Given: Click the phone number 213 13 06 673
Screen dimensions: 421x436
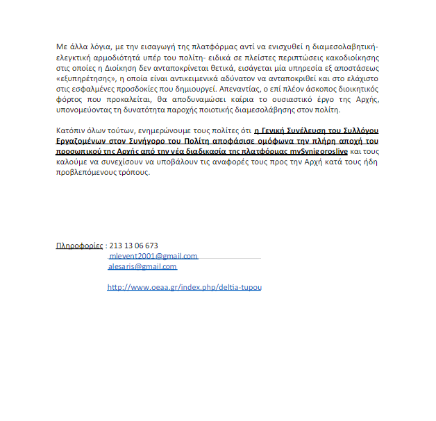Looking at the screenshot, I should [133, 246].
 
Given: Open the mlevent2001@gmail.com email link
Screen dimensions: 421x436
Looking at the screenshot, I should [153, 256].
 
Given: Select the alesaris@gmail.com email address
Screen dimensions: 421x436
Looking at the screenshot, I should [142, 266].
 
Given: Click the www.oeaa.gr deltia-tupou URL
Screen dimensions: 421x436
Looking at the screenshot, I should [184, 287].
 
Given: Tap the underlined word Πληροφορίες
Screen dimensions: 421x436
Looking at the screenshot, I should [79, 246].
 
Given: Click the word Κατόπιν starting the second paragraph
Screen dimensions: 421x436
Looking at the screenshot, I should [71, 130].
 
